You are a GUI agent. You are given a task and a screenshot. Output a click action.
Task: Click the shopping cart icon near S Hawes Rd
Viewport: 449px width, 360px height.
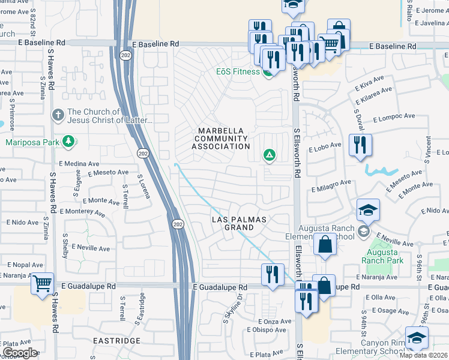(42, 283)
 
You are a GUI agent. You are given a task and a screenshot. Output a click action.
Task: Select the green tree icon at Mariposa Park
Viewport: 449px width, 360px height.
(70, 141)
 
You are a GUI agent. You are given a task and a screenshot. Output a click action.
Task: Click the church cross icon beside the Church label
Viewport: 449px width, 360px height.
(58, 113)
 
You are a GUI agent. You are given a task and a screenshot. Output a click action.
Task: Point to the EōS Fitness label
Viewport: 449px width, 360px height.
(238, 71)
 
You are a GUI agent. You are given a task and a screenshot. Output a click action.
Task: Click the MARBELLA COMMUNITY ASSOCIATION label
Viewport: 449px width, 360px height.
(221, 139)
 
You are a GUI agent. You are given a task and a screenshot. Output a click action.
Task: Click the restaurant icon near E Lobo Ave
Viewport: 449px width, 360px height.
(360, 145)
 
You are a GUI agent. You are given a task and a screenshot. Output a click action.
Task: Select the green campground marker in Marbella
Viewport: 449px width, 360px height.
(270, 156)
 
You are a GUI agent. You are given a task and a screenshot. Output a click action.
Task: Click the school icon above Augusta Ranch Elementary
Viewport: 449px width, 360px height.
(368, 210)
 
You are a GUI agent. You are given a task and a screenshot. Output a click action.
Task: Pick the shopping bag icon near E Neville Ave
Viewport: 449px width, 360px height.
(325, 245)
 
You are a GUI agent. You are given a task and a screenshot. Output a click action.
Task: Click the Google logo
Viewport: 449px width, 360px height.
(20, 353)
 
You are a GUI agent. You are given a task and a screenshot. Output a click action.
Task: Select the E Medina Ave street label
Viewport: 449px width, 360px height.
(79, 163)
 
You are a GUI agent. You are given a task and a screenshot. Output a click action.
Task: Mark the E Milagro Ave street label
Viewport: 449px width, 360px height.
(331, 185)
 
